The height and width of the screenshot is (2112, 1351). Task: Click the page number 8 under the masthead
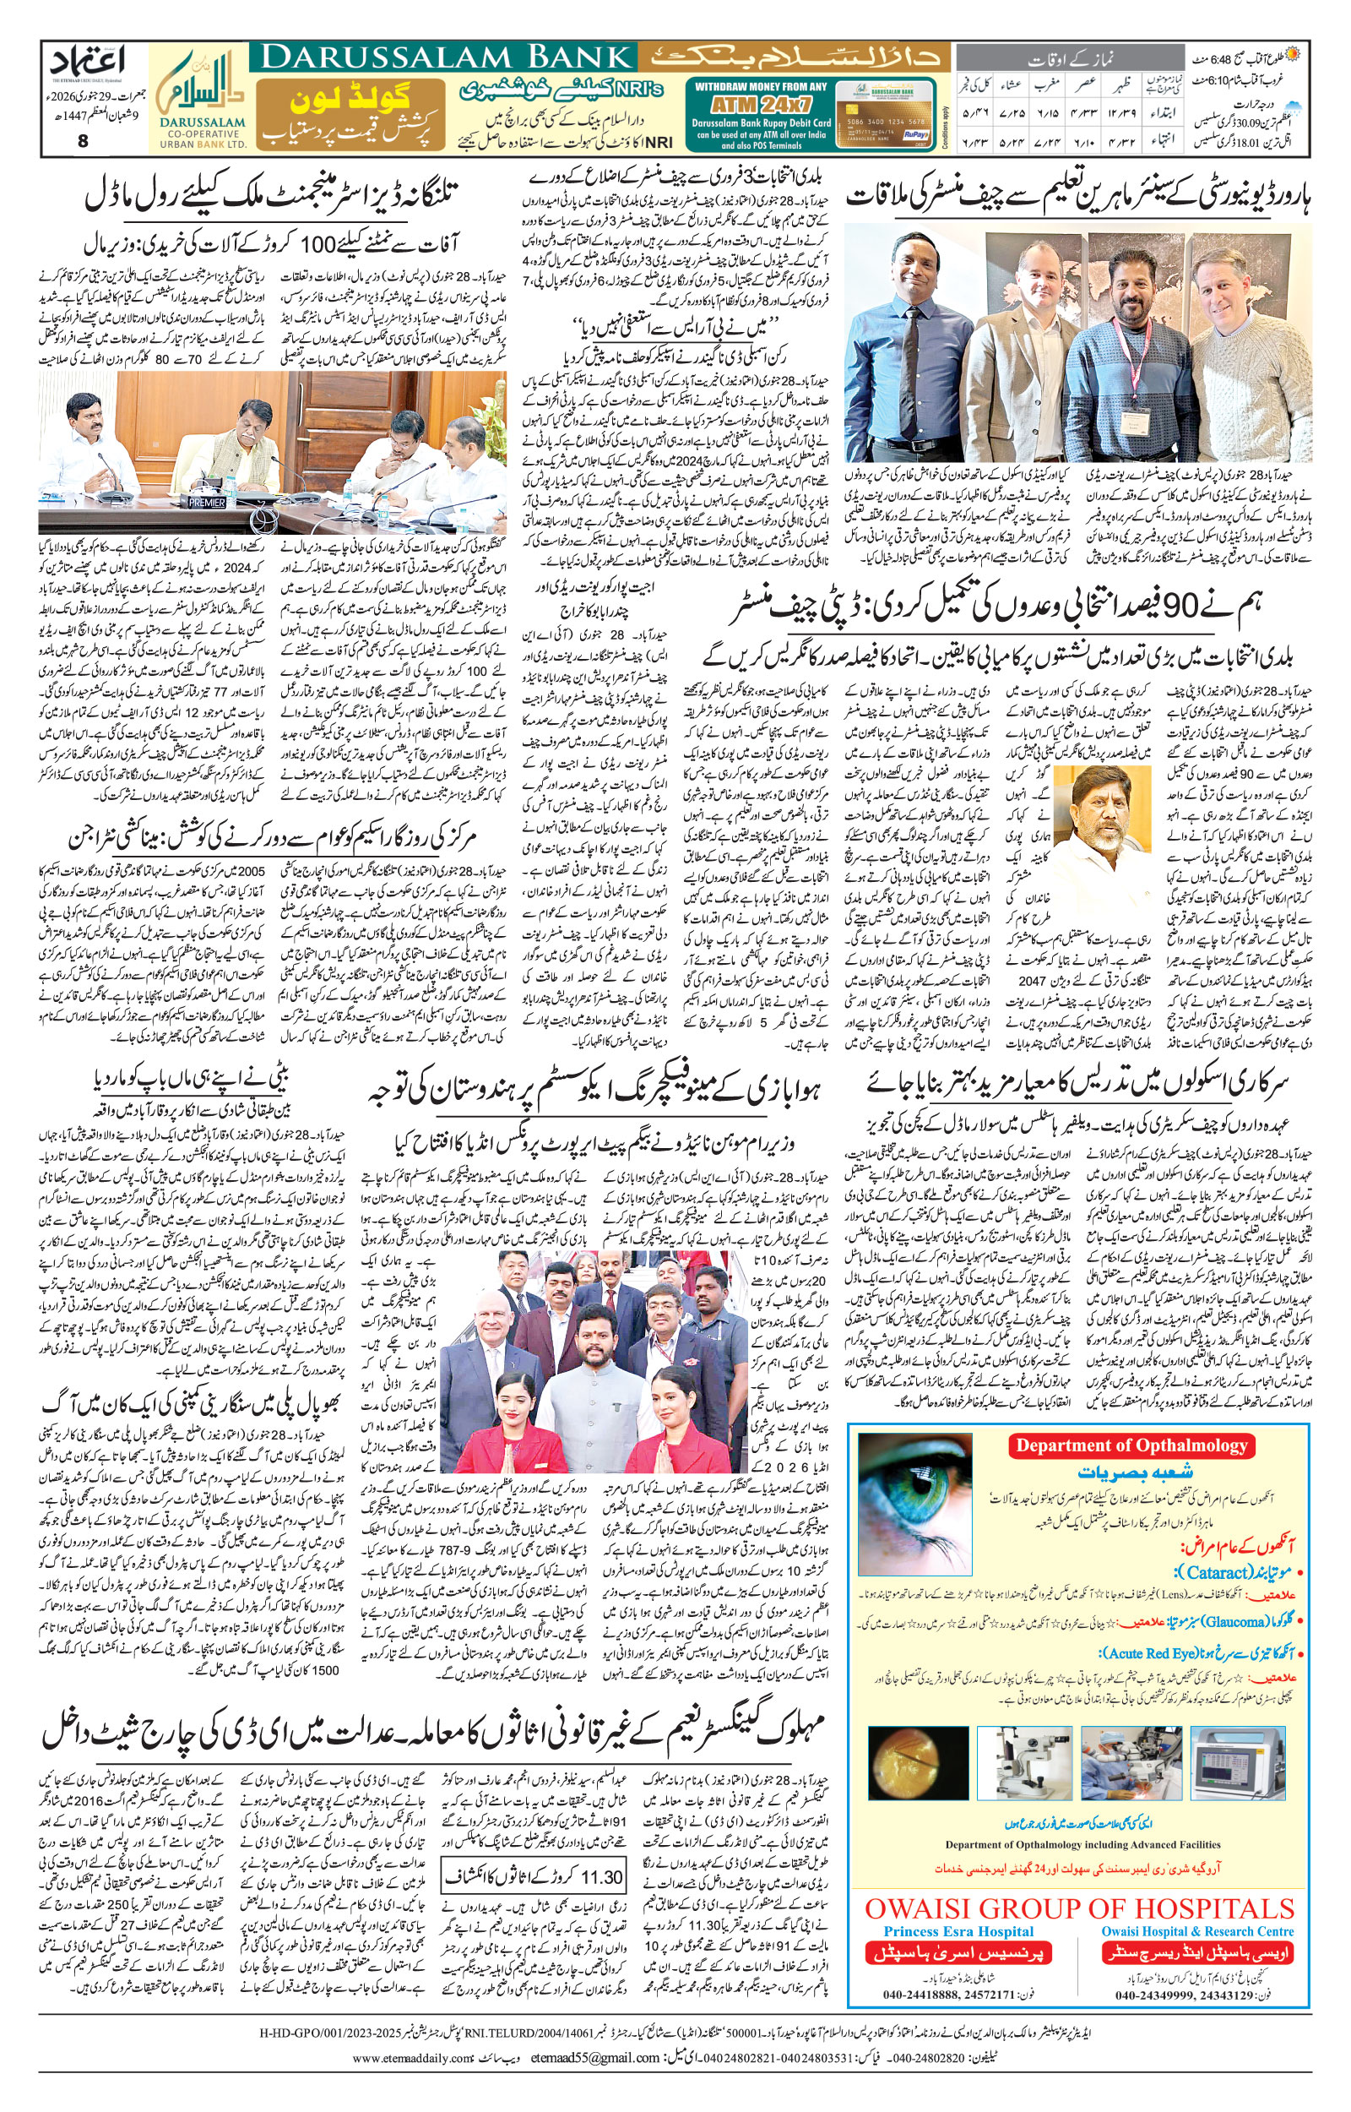click(83, 140)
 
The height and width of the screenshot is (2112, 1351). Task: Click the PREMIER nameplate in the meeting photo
click(207, 503)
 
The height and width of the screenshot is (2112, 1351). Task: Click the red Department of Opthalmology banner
click(1131, 1445)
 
